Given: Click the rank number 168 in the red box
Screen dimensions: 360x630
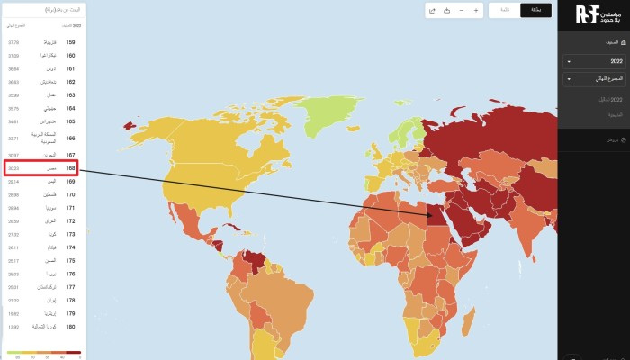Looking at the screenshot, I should tap(70, 168).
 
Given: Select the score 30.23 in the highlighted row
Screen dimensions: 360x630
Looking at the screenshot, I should tap(13, 168).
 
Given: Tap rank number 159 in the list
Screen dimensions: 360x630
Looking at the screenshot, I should tap(70, 42).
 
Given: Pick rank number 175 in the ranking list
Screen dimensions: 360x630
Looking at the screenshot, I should tap(70, 261).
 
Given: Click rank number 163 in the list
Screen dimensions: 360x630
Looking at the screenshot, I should tap(70, 94).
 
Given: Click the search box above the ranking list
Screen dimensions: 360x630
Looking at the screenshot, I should tap(40, 9).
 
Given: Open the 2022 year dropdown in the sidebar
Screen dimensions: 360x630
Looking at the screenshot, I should tap(593, 61).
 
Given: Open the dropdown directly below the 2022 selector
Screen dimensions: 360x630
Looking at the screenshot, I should tap(593, 79).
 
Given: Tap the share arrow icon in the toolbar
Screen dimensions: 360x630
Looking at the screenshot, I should tap(433, 11).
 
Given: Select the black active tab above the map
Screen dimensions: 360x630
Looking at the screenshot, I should tap(535, 10).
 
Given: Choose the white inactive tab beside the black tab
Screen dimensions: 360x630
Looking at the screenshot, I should tap(504, 10).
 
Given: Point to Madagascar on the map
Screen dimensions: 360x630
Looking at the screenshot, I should tap(469, 319).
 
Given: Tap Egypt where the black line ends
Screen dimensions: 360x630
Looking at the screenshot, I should tap(429, 214).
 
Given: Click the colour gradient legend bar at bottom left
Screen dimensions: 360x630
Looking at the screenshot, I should tap(43, 352).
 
